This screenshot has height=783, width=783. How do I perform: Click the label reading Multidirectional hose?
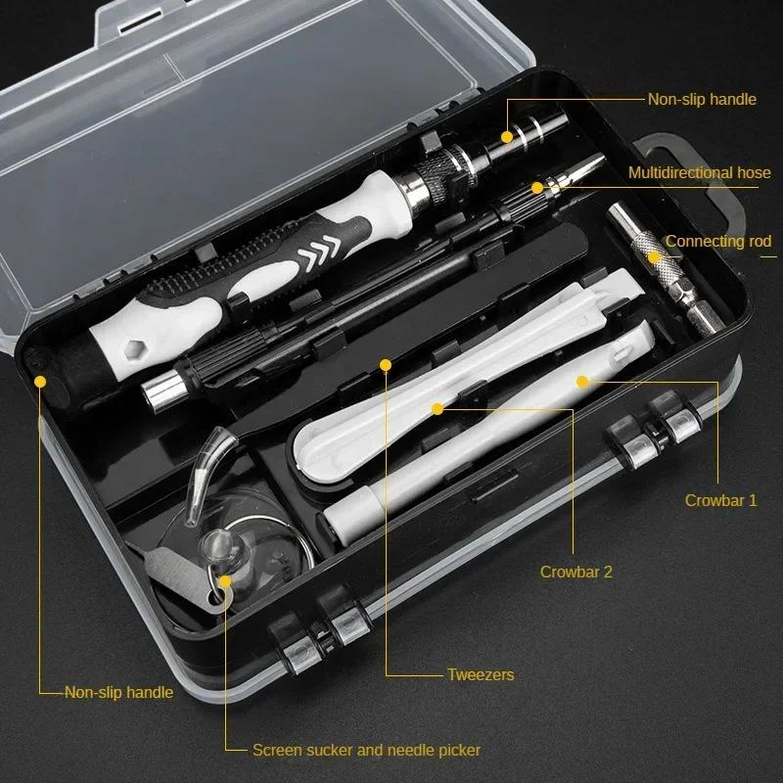700,173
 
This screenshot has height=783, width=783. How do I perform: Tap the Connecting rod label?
718,241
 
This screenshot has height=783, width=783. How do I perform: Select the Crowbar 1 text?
721,499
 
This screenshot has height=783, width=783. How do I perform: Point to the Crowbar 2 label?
576,572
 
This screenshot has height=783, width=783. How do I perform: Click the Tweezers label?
481,674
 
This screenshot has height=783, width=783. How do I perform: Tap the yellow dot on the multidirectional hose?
536,187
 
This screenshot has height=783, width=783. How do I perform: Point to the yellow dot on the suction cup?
226,580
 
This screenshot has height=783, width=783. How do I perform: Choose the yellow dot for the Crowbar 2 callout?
438,404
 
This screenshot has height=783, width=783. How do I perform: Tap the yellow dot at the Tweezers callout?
386,366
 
